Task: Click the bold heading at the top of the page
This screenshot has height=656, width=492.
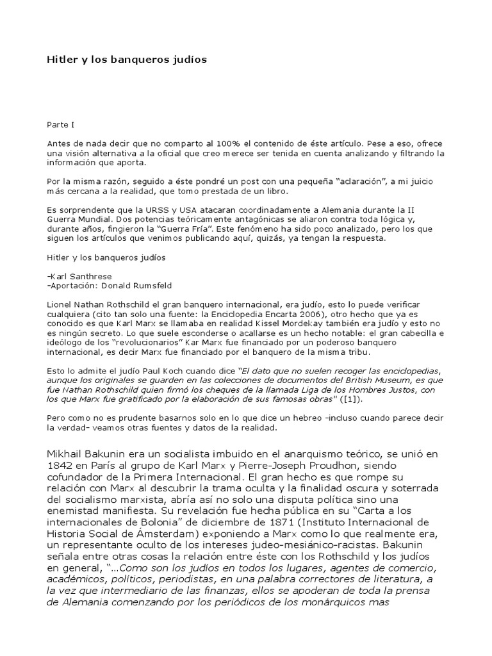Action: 127,60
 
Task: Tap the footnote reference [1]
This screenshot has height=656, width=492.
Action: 352,399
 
